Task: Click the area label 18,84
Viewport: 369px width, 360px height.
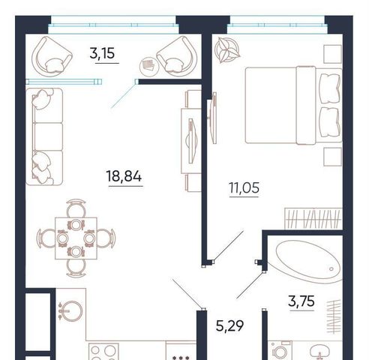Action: [124, 176]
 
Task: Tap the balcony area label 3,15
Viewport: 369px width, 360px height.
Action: [102, 53]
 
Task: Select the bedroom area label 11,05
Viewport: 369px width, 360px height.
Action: [244, 187]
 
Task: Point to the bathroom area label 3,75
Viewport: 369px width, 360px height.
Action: [301, 301]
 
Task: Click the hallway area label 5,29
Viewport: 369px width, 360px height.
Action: [229, 326]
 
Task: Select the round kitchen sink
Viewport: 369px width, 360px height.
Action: [72, 311]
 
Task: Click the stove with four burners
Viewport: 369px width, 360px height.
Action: [103, 352]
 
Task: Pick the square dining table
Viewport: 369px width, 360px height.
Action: [76, 238]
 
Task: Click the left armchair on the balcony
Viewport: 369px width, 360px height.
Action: [52, 55]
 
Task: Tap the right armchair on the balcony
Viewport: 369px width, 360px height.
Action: [177, 55]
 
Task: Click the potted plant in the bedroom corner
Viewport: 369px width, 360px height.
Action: [227, 49]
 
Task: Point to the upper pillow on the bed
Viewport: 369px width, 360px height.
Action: [330, 88]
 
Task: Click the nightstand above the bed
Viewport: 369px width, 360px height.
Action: [333, 54]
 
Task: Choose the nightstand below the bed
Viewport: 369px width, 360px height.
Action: [333, 157]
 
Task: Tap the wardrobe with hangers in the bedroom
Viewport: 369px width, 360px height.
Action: [313, 218]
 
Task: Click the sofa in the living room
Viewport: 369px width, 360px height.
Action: [44, 136]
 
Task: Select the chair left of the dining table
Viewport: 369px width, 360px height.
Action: [46, 238]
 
